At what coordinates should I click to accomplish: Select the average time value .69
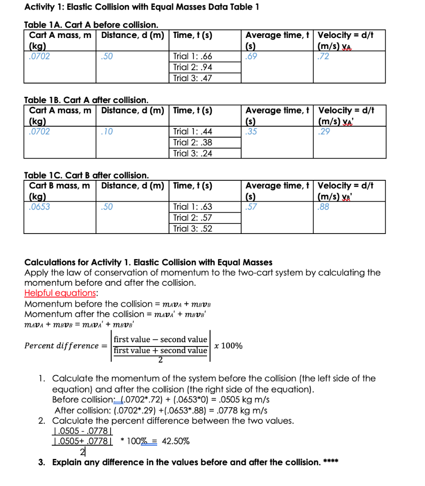pos(251,56)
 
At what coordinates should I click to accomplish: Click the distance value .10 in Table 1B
pos(107,131)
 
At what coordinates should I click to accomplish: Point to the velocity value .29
pos(324,131)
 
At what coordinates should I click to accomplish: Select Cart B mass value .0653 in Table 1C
pos(40,206)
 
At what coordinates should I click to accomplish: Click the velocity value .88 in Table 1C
pos(324,206)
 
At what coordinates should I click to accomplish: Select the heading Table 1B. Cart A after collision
pos(86,100)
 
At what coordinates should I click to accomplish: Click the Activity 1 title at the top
pos(142,7)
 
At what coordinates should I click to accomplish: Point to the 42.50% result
pos(176,441)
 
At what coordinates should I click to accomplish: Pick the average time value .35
pos(251,131)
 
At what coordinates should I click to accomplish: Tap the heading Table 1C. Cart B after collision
pos(86,175)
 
